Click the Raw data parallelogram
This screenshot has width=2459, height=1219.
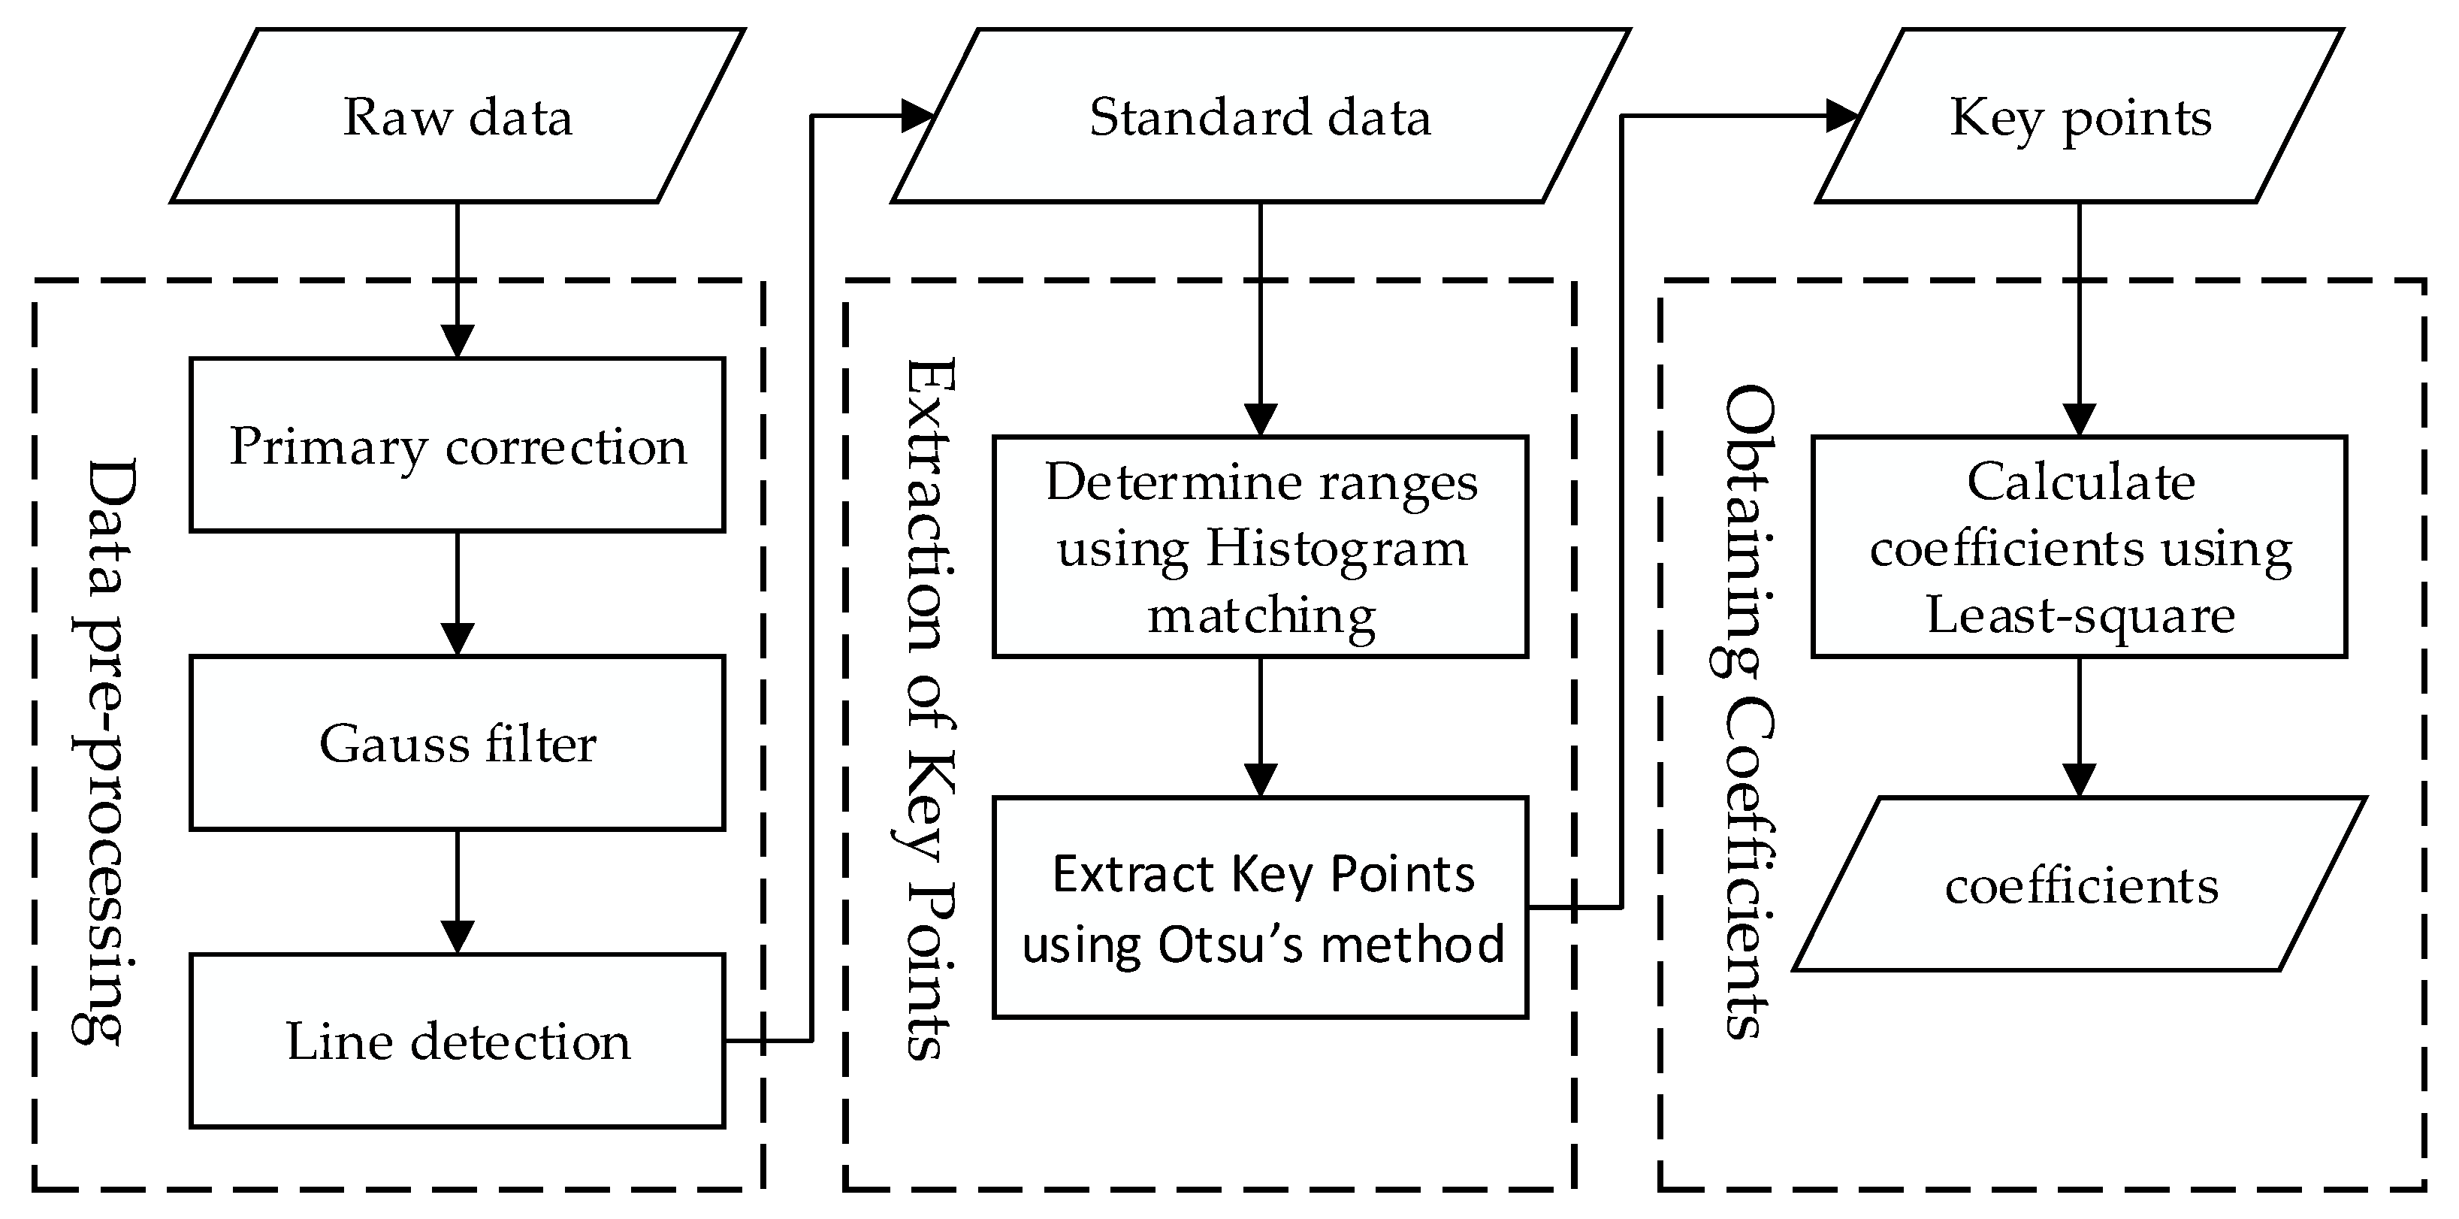coord(458,116)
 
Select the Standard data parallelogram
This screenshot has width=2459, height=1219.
coord(1260,116)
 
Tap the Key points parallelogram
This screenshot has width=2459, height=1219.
coord(2080,116)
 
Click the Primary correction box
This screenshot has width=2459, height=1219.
coord(458,445)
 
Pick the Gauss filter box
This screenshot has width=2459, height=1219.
coord(458,743)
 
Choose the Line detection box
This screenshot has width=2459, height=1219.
coord(458,1040)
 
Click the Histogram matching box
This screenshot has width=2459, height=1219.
coord(1260,547)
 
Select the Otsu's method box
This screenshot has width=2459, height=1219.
coord(1260,908)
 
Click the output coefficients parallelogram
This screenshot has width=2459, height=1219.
coord(2080,885)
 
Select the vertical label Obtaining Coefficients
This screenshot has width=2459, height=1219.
coord(1749,711)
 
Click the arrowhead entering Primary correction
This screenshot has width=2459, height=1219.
coord(458,340)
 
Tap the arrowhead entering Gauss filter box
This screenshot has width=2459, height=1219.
coord(458,639)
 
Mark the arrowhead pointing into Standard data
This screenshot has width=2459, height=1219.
coord(917,116)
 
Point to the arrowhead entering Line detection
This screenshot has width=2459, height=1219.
coord(458,936)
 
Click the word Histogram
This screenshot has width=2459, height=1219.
coord(1337,549)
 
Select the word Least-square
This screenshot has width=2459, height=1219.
coord(2080,615)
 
